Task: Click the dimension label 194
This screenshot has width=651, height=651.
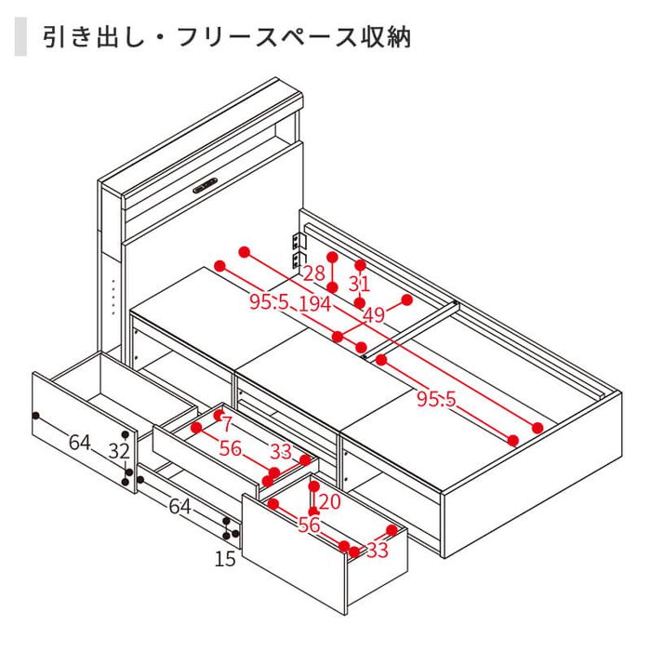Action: point(314,303)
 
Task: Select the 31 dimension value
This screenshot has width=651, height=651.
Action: point(360,285)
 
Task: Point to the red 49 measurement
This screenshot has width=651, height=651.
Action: point(374,315)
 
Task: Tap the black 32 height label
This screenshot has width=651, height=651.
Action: point(118,451)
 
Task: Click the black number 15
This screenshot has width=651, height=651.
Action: point(224,559)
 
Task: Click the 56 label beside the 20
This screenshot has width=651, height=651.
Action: point(309,525)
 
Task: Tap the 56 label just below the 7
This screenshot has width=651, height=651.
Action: point(230,448)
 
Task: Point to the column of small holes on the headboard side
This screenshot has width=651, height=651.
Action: point(113,296)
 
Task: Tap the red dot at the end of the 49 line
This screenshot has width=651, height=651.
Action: point(406,299)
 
